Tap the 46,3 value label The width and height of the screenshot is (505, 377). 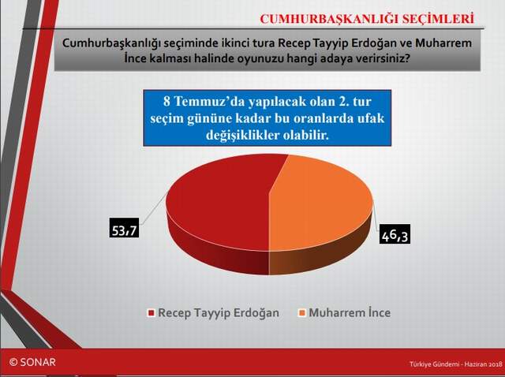[394, 235]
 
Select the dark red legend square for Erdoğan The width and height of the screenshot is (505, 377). [149, 313]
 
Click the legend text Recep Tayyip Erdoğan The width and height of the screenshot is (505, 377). [219, 313]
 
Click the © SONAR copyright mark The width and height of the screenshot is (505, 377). [32, 361]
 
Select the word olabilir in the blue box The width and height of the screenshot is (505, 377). [301, 136]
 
